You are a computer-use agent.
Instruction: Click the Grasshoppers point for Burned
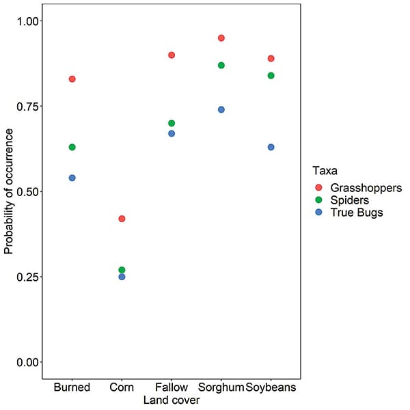point(72,79)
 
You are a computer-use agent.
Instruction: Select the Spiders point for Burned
point(72,147)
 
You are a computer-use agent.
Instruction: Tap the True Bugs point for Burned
point(72,178)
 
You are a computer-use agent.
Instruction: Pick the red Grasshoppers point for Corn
point(122,219)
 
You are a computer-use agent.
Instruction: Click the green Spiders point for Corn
point(122,270)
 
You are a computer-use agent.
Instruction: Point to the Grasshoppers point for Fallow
point(172,55)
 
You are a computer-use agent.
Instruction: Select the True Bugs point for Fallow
point(172,133)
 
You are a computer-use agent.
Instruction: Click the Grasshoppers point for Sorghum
point(221,38)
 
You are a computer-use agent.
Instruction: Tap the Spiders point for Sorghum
point(221,65)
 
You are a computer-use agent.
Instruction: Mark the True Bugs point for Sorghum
point(221,109)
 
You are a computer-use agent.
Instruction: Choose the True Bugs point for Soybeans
point(271,147)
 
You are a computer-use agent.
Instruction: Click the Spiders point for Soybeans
point(271,75)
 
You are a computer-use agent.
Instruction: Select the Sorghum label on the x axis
point(221,387)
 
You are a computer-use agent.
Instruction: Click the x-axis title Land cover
point(172,400)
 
